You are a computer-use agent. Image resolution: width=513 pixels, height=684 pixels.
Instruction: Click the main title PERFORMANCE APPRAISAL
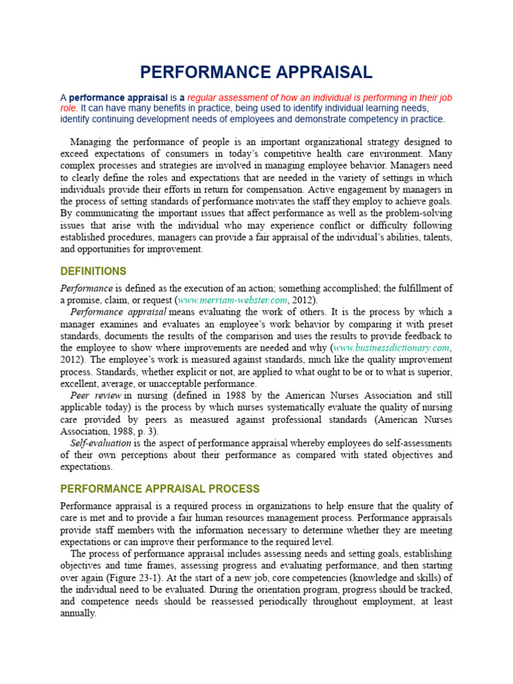point(256,72)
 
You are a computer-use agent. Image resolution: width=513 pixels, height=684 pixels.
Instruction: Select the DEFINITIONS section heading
point(93,271)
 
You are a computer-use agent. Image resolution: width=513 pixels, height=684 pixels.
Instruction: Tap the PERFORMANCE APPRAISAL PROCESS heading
point(160,489)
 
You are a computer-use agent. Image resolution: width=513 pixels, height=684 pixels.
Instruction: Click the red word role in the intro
point(69,108)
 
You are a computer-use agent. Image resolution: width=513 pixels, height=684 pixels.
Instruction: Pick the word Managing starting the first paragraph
point(92,142)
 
